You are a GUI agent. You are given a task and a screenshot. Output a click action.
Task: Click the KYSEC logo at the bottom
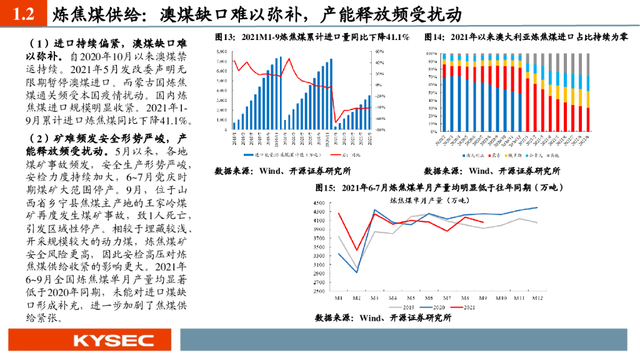click(x=113, y=341)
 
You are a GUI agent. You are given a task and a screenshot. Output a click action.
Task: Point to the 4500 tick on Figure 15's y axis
click(x=319, y=202)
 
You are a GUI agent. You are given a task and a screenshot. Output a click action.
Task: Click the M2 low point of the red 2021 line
click(x=356, y=251)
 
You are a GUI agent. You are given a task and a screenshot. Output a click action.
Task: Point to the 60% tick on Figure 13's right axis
click(x=379, y=51)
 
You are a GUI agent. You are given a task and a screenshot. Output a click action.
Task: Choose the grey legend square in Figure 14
click(x=547, y=154)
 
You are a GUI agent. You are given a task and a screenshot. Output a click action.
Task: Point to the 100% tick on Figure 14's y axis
click(x=432, y=54)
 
